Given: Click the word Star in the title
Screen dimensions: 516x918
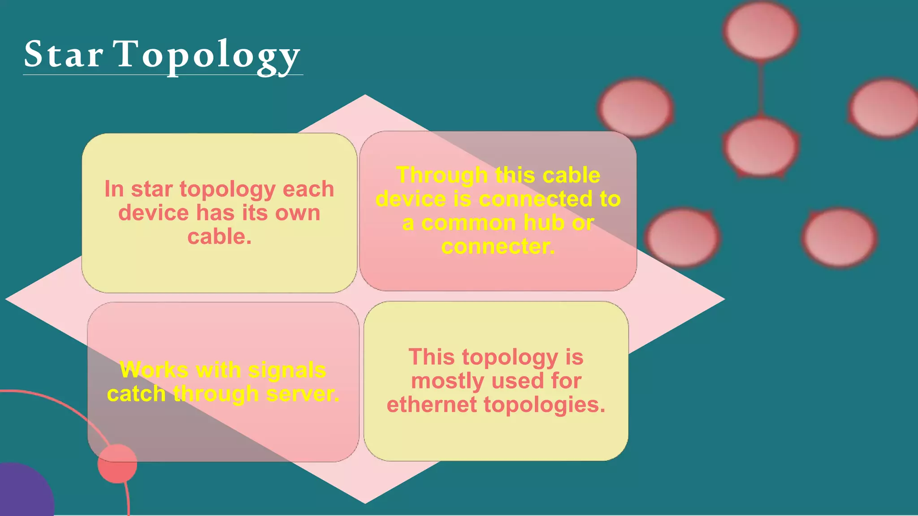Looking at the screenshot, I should pos(63,54).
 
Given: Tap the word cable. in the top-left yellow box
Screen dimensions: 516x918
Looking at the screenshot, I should pos(219,236).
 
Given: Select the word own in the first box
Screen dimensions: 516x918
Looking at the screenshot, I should pos(298,213).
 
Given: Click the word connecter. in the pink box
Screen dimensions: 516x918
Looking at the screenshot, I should pos(498,246).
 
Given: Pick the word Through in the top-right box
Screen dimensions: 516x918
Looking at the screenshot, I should pos(442,175).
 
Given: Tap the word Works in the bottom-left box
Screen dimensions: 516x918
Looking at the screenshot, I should pos(154,370).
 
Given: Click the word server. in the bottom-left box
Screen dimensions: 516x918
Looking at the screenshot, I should pos(303,394).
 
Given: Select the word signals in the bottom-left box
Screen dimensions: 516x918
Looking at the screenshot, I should pos(287,370).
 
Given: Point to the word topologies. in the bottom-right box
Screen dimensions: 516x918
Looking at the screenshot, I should pos(544,404).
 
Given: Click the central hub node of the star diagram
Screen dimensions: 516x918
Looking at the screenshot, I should pos(761,146).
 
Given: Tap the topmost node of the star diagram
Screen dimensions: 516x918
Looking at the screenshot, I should pos(761,30).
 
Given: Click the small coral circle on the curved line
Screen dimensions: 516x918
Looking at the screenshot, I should pos(117,464).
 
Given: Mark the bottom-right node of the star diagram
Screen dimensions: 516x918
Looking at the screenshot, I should pos(839,238).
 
